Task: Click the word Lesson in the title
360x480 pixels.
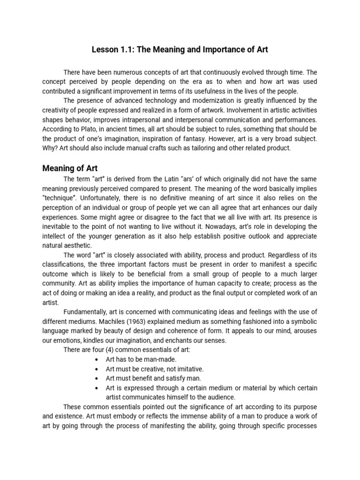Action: point(105,49)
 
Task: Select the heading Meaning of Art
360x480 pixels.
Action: point(70,168)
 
